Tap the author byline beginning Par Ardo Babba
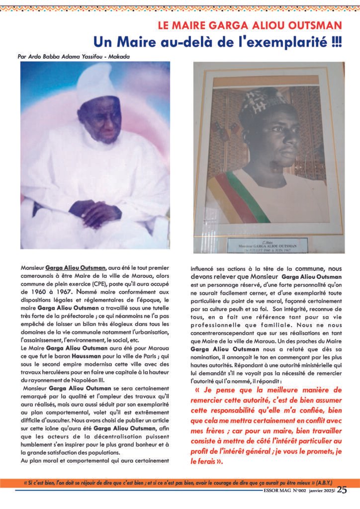click(x=73, y=56)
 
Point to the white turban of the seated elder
click(x=98, y=84)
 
